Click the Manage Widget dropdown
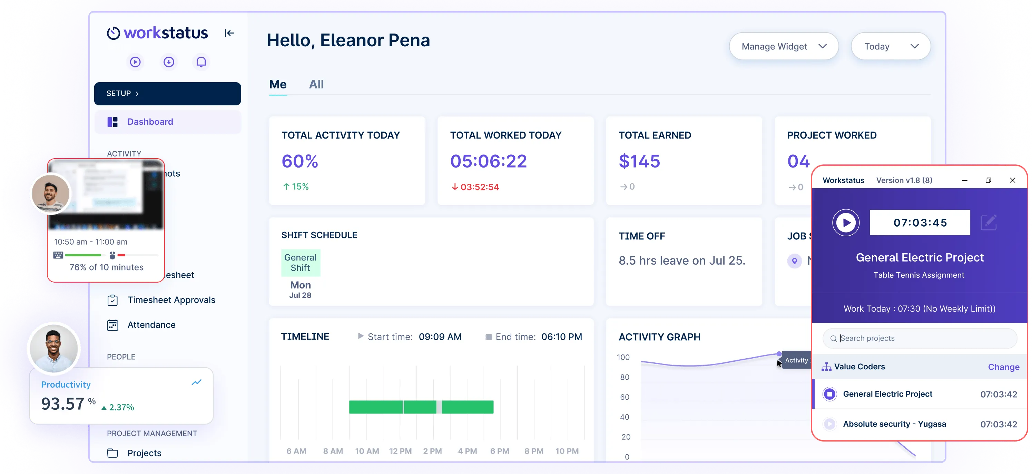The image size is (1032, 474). pos(783,47)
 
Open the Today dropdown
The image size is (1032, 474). pos(890,47)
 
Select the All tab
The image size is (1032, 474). pos(316,84)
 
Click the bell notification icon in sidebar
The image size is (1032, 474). pos(201,62)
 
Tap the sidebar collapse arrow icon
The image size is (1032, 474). pos(229,33)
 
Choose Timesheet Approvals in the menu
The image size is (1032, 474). pos(171,300)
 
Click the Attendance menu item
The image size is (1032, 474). pos(151,325)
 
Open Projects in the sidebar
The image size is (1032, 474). pos(144,453)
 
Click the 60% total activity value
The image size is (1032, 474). pos(300,161)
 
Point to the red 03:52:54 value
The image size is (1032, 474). pos(479,187)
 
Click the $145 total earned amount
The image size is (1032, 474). pos(639,161)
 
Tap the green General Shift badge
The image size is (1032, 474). pos(301,263)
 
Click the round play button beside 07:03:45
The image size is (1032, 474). pos(846,222)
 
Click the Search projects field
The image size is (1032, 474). pos(922,339)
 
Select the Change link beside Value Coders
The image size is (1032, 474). pos(1003,367)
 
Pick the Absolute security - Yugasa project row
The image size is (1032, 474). pos(894,424)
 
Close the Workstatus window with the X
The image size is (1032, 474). pos(1012,180)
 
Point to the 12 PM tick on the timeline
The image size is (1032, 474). pos(400,451)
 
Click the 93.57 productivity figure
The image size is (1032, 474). pos(63,404)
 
